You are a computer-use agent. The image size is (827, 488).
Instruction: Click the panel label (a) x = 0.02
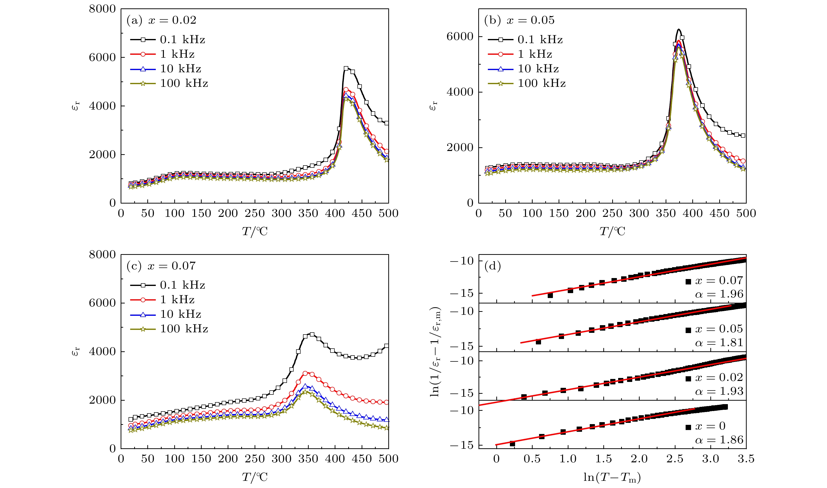pyautogui.click(x=161, y=20)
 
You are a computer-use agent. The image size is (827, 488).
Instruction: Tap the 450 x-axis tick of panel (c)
pyautogui.click(x=362, y=459)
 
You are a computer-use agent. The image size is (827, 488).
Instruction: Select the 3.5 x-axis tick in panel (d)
pyautogui.click(x=746, y=459)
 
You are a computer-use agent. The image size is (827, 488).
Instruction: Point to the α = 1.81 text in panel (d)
pyautogui.click(x=719, y=343)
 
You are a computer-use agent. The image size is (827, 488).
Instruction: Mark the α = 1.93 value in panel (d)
pyautogui.click(x=719, y=391)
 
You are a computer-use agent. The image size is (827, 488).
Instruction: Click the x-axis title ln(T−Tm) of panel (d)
pyautogui.click(x=612, y=477)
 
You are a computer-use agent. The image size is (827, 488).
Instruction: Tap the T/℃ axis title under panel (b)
pyautogui.click(x=612, y=231)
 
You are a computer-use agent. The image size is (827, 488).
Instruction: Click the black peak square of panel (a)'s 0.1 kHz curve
pyautogui.click(x=346, y=68)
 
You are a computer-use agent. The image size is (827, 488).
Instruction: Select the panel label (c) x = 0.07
pyautogui.click(x=161, y=266)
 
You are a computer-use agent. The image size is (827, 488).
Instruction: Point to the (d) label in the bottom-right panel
pyautogui.click(x=492, y=266)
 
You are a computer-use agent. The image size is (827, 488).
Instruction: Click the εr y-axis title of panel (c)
pyautogui.click(x=76, y=351)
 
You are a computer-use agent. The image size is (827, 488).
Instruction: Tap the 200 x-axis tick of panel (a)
pyautogui.click(x=228, y=213)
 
